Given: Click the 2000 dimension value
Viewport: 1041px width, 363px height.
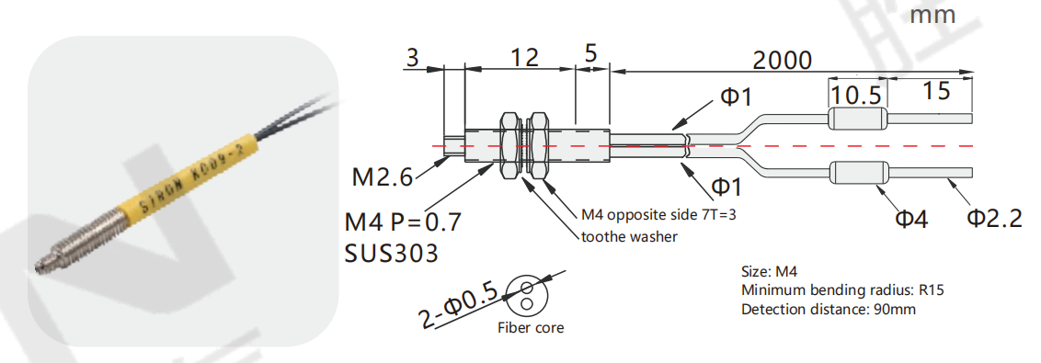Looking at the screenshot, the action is (x=782, y=61).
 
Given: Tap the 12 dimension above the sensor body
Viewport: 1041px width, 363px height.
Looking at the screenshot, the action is (x=524, y=58).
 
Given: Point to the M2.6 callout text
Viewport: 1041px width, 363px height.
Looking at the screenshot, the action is (x=382, y=177).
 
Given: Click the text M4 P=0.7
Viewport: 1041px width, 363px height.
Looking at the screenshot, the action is (x=402, y=221).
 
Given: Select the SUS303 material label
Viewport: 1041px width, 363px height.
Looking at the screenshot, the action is (x=392, y=253).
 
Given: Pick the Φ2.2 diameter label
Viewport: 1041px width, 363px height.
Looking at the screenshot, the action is (x=994, y=218).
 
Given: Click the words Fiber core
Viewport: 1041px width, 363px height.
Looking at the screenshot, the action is (x=531, y=328).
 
